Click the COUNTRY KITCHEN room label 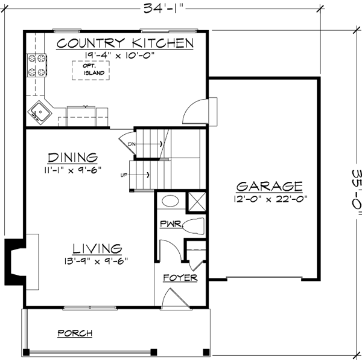click(x=125, y=43)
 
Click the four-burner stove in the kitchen click(x=36, y=65)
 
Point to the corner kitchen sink click(x=40, y=111)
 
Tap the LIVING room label click(x=98, y=248)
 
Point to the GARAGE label click(x=268, y=186)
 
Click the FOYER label click(x=180, y=278)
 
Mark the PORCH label click(x=75, y=333)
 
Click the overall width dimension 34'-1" click(x=164, y=8)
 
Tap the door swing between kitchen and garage click(x=196, y=111)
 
